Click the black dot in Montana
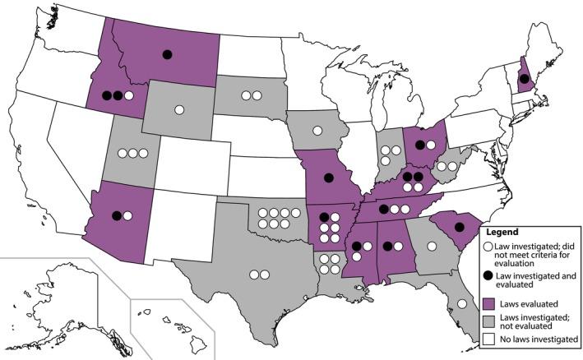(x=167, y=54)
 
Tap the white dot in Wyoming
(x=179, y=109)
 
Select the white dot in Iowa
(x=317, y=129)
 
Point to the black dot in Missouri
(x=328, y=178)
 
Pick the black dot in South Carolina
(x=460, y=227)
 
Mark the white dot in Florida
(x=461, y=304)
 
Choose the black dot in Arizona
(x=117, y=215)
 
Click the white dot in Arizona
(x=128, y=215)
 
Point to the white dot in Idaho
(x=129, y=95)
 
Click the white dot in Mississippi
(x=356, y=257)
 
